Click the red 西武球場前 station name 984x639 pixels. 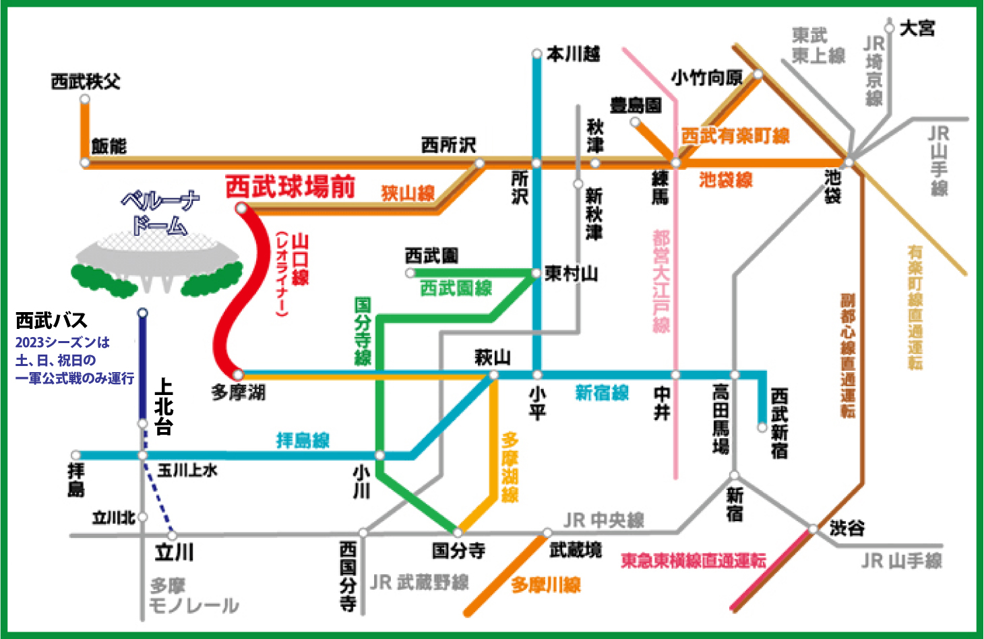(x=290, y=187)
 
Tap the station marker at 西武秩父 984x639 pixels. (x=85, y=99)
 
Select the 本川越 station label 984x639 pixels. (x=574, y=55)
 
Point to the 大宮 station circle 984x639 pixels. (x=890, y=28)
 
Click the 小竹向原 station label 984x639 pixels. (x=707, y=78)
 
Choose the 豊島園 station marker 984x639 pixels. (x=635, y=122)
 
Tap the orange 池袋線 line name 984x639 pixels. (x=726, y=180)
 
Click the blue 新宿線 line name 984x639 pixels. (x=602, y=393)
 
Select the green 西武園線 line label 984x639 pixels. (x=456, y=288)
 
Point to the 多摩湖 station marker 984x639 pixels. (x=238, y=375)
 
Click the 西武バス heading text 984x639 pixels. (x=51, y=320)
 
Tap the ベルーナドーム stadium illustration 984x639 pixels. (x=157, y=264)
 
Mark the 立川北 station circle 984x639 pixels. (x=142, y=517)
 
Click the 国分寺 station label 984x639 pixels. (x=458, y=550)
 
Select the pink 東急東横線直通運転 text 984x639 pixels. (x=694, y=561)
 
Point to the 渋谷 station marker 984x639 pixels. (x=813, y=528)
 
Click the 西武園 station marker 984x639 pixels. (x=410, y=274)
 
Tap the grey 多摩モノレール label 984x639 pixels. (x=193, y=596)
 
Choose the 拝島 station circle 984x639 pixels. (x=75, y=455)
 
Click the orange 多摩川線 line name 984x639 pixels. (x=546, y=585)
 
